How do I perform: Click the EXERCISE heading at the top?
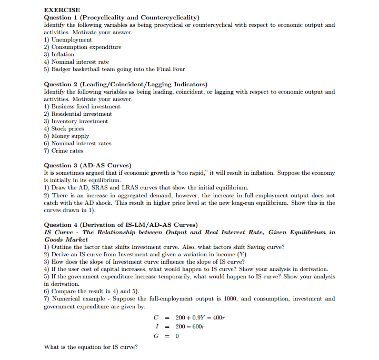(62, 10)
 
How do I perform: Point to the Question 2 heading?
(125, 84)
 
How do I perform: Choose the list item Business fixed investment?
(85, 106)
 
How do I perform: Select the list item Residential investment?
(81, 114)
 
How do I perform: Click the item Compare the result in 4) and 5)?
(91, 291)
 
